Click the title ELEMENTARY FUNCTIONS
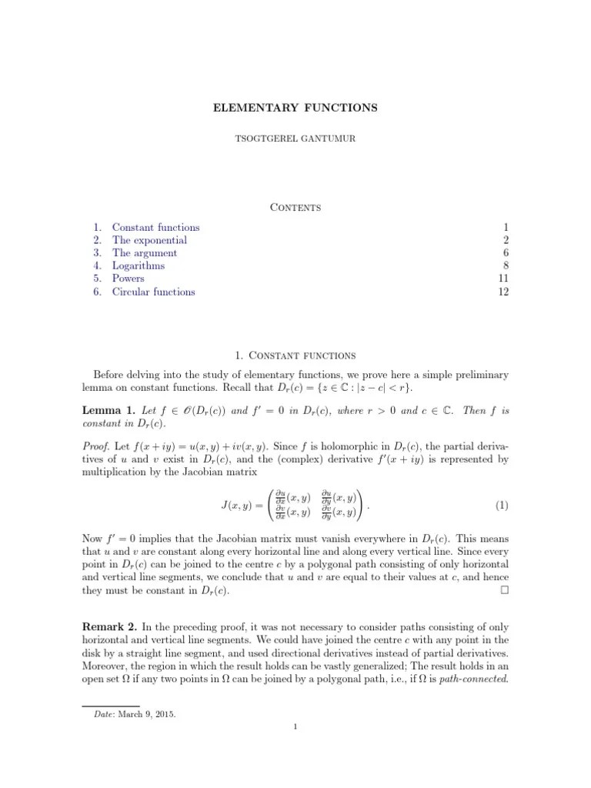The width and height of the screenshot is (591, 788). coord(295,108)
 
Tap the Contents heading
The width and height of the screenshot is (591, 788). coord(295,207)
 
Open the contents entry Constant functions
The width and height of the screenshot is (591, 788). coord(155,228)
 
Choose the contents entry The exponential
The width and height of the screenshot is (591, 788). coord(149,240)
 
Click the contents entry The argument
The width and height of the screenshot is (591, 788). coord(145,253)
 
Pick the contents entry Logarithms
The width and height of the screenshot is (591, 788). coord(139,266)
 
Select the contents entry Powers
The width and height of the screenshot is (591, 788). coord(128,279)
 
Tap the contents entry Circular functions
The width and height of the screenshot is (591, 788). coord(153,292)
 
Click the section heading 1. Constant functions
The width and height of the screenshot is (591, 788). coord(295,356)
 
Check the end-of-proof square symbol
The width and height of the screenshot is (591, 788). coord(504,591)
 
